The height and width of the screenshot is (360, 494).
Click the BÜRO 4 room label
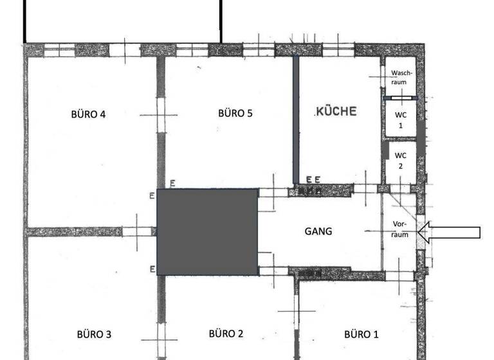coord(88,114)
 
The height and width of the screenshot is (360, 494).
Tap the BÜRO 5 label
coord(235,113)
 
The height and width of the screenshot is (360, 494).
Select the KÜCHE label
coord(336,111)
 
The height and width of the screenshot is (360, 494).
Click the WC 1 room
coord(400,120)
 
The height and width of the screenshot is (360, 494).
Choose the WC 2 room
coord(400,160)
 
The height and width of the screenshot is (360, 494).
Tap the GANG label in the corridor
coord(318,231)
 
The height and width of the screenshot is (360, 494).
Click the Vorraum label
coord(400,230)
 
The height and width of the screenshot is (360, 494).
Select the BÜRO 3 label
coord(94,334)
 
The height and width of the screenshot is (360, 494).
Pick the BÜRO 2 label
coord(226,333)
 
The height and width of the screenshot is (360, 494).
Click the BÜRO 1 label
coord(361,334)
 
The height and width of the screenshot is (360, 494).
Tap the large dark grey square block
coord(208,232)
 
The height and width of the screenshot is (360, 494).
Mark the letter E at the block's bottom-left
coord(152,269)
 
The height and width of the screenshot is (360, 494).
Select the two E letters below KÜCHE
coord(313,179)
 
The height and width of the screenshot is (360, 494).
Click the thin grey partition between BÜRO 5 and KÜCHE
coord(296,120)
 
